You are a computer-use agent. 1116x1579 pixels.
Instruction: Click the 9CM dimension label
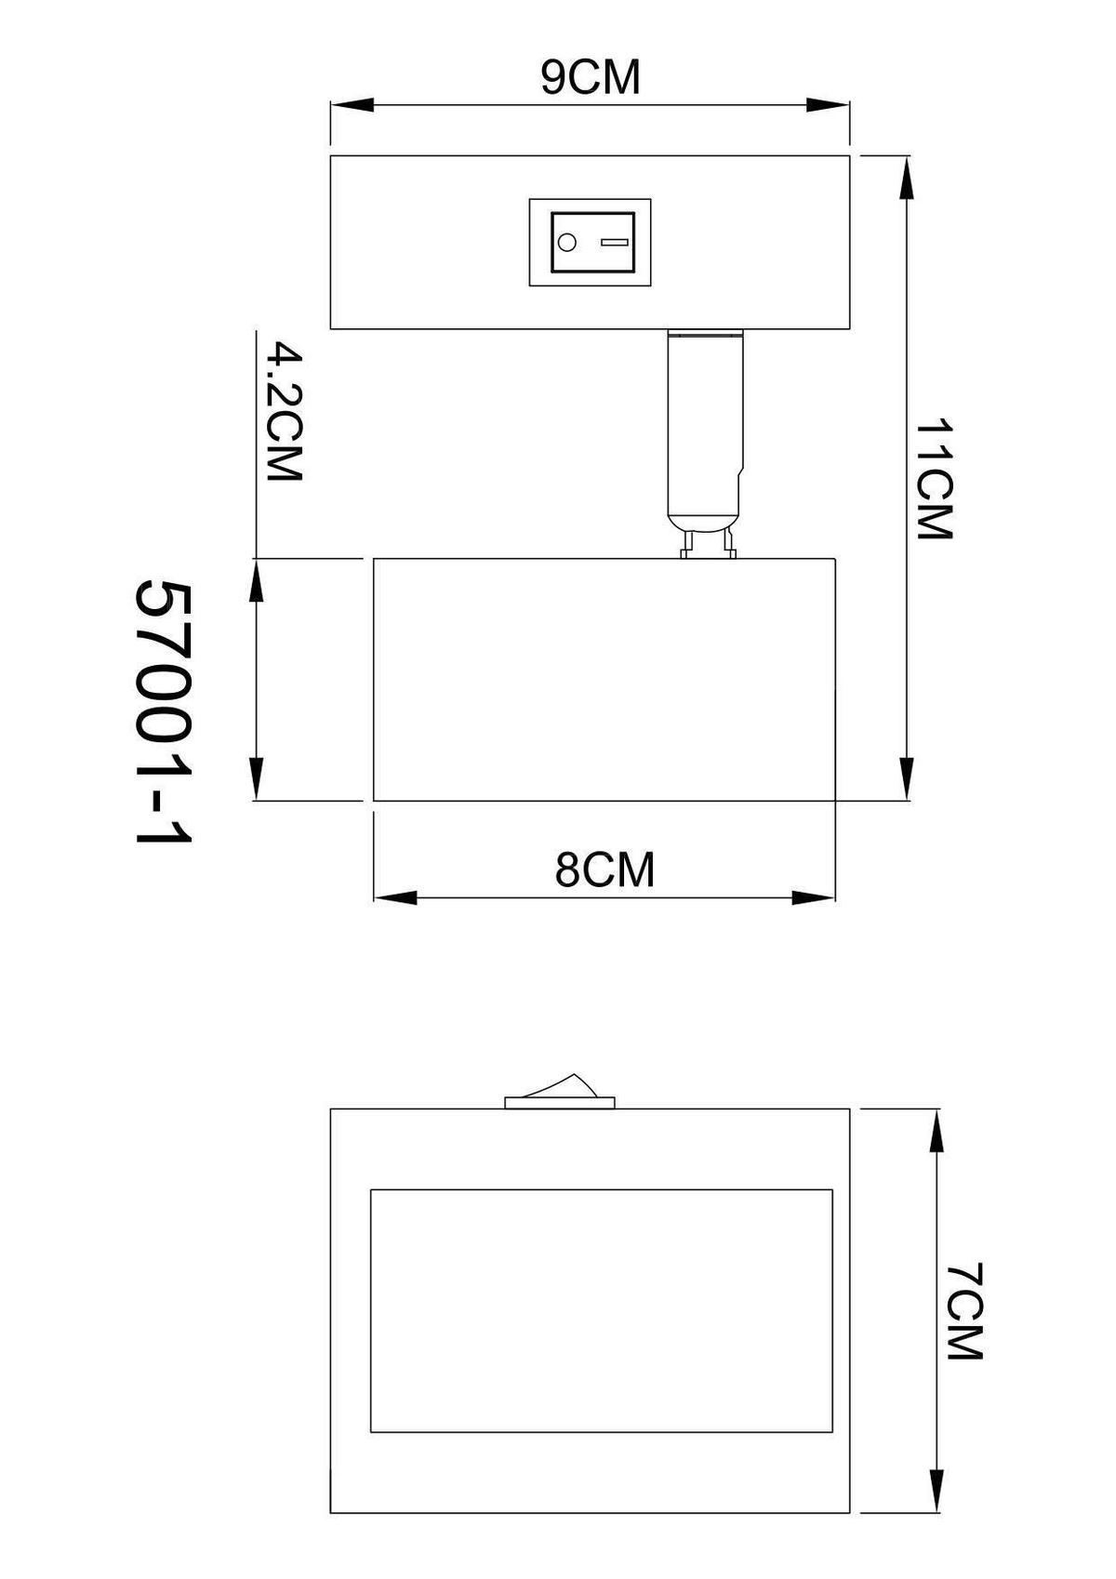pos(591,77)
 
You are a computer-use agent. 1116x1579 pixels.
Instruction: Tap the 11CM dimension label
pos(935,479)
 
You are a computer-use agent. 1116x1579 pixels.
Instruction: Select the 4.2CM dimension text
pos(284,412)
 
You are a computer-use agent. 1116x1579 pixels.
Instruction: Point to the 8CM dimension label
pos(604,870)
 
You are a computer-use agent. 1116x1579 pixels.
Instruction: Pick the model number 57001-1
pos(164,713)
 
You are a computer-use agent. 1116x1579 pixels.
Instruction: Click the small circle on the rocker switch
pos(565,244)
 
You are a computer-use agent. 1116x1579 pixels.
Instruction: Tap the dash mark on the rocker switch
pos(615,243)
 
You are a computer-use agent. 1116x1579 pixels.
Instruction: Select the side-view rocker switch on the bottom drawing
pos(559,1093)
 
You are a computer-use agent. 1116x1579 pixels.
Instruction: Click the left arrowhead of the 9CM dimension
pos(352,106)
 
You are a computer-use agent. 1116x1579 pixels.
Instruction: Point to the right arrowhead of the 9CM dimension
pos(828,106)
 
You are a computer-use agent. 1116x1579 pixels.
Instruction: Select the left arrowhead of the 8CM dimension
pos(395,898)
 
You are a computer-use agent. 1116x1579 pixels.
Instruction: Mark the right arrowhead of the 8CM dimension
pos(814,898)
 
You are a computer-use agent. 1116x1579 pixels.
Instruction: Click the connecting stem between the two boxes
pos(707,418)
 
